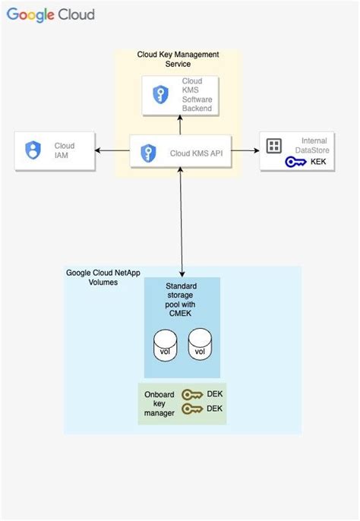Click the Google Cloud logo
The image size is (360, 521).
(x=52, y=15)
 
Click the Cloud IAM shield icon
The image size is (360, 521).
(x=33, y=150)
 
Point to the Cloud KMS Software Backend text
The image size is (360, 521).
(x=191, y=95)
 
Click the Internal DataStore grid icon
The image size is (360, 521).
(x=273, y=145)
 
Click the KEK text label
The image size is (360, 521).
(x=318, y=162)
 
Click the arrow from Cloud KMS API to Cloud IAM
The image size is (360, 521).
(x=113, y=150)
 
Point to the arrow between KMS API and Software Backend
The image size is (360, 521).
(x=181, y=126)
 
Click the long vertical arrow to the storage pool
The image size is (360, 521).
(x=182, y=220)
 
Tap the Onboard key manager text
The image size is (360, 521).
(x=159, y=403)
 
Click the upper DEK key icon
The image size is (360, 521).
(x=194, y=395)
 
